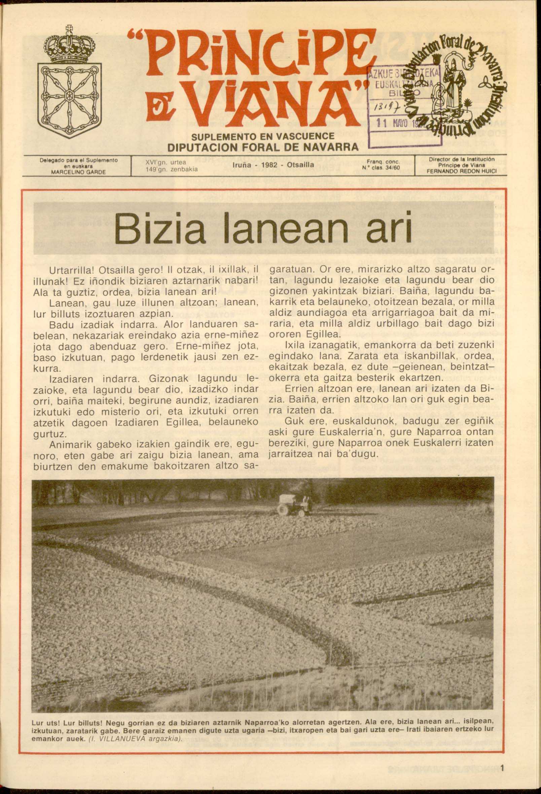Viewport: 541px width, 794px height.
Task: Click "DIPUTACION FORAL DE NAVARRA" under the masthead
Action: click(x=263, y=147)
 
